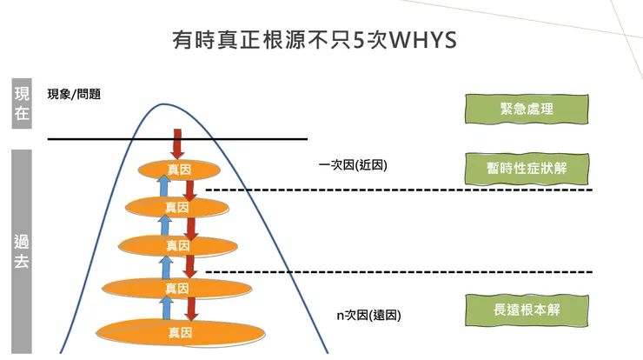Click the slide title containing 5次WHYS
(x=321, y=42)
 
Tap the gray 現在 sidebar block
(x=22, y=103)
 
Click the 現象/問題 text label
(x=74, y=94)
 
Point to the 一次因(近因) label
(x=353, y=164)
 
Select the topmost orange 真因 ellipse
(x=179, y=169)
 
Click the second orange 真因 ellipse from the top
(x=176, y=207)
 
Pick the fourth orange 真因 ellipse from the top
(x=176, y=287)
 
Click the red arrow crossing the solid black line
(x=177, y=142)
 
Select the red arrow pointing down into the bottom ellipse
(x=193, y=308)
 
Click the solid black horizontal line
(x=104, y=138)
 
